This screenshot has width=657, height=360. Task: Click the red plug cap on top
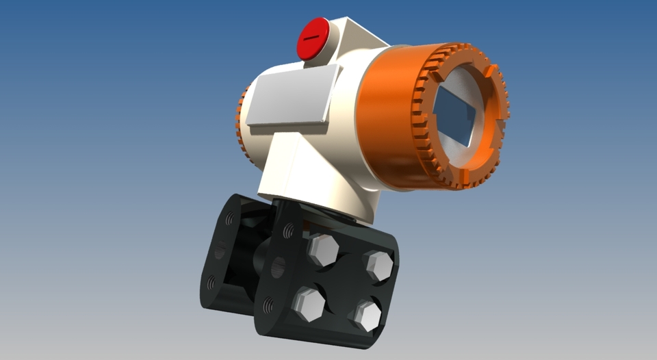(313, 38)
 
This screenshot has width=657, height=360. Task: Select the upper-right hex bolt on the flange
(377, 266)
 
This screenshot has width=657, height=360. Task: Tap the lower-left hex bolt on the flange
(309, 304)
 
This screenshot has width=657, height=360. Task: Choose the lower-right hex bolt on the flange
(365, 316)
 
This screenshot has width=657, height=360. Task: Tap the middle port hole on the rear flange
(220, 252)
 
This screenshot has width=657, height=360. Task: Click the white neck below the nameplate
(301, 168)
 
